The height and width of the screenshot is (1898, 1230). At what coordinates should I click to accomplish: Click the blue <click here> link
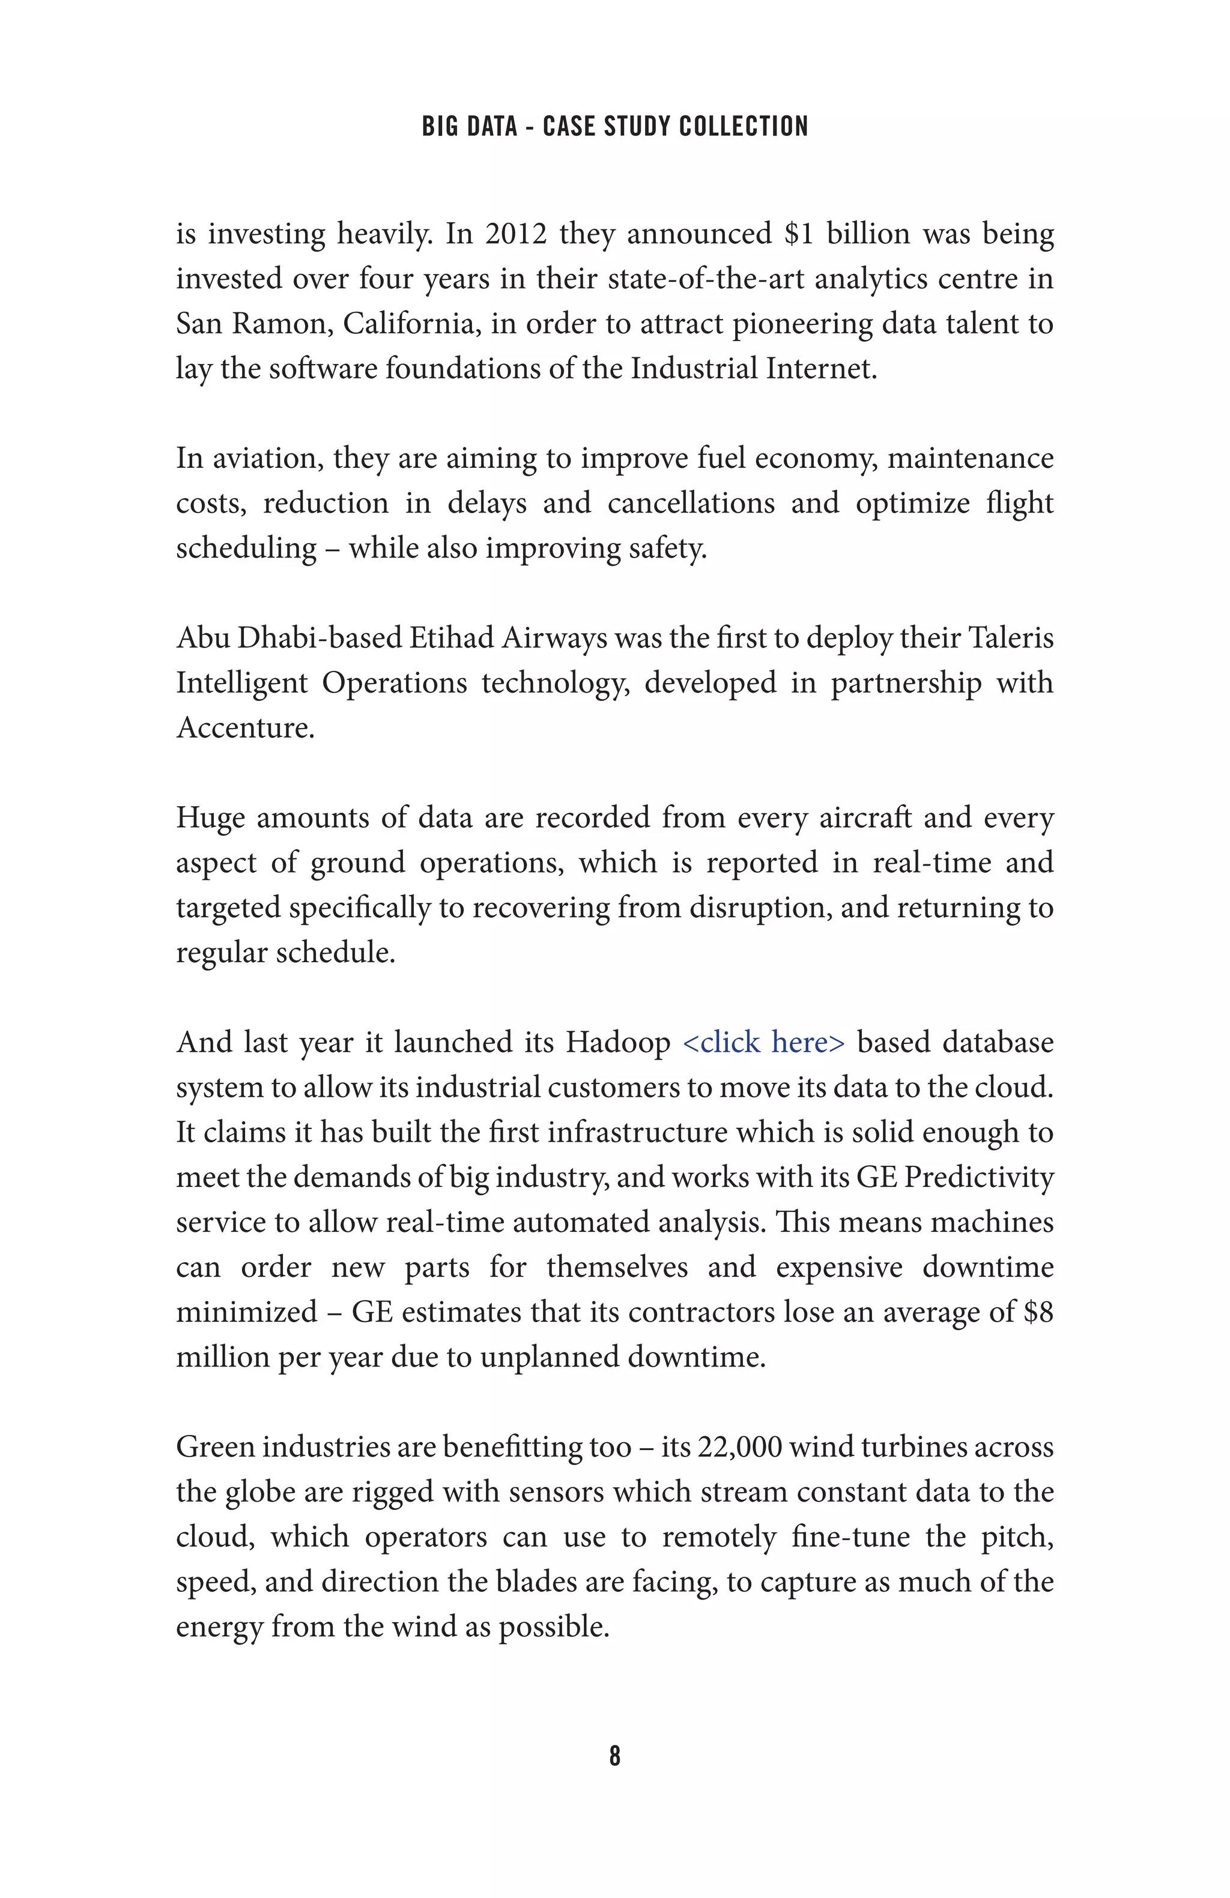coord(763,1042)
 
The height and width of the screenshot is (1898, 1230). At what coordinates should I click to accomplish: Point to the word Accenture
coord(245,727)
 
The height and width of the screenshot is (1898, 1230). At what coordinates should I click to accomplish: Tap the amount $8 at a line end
coord(1038,1312)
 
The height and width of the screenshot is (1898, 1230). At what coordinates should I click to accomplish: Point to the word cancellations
coord(691,503)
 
